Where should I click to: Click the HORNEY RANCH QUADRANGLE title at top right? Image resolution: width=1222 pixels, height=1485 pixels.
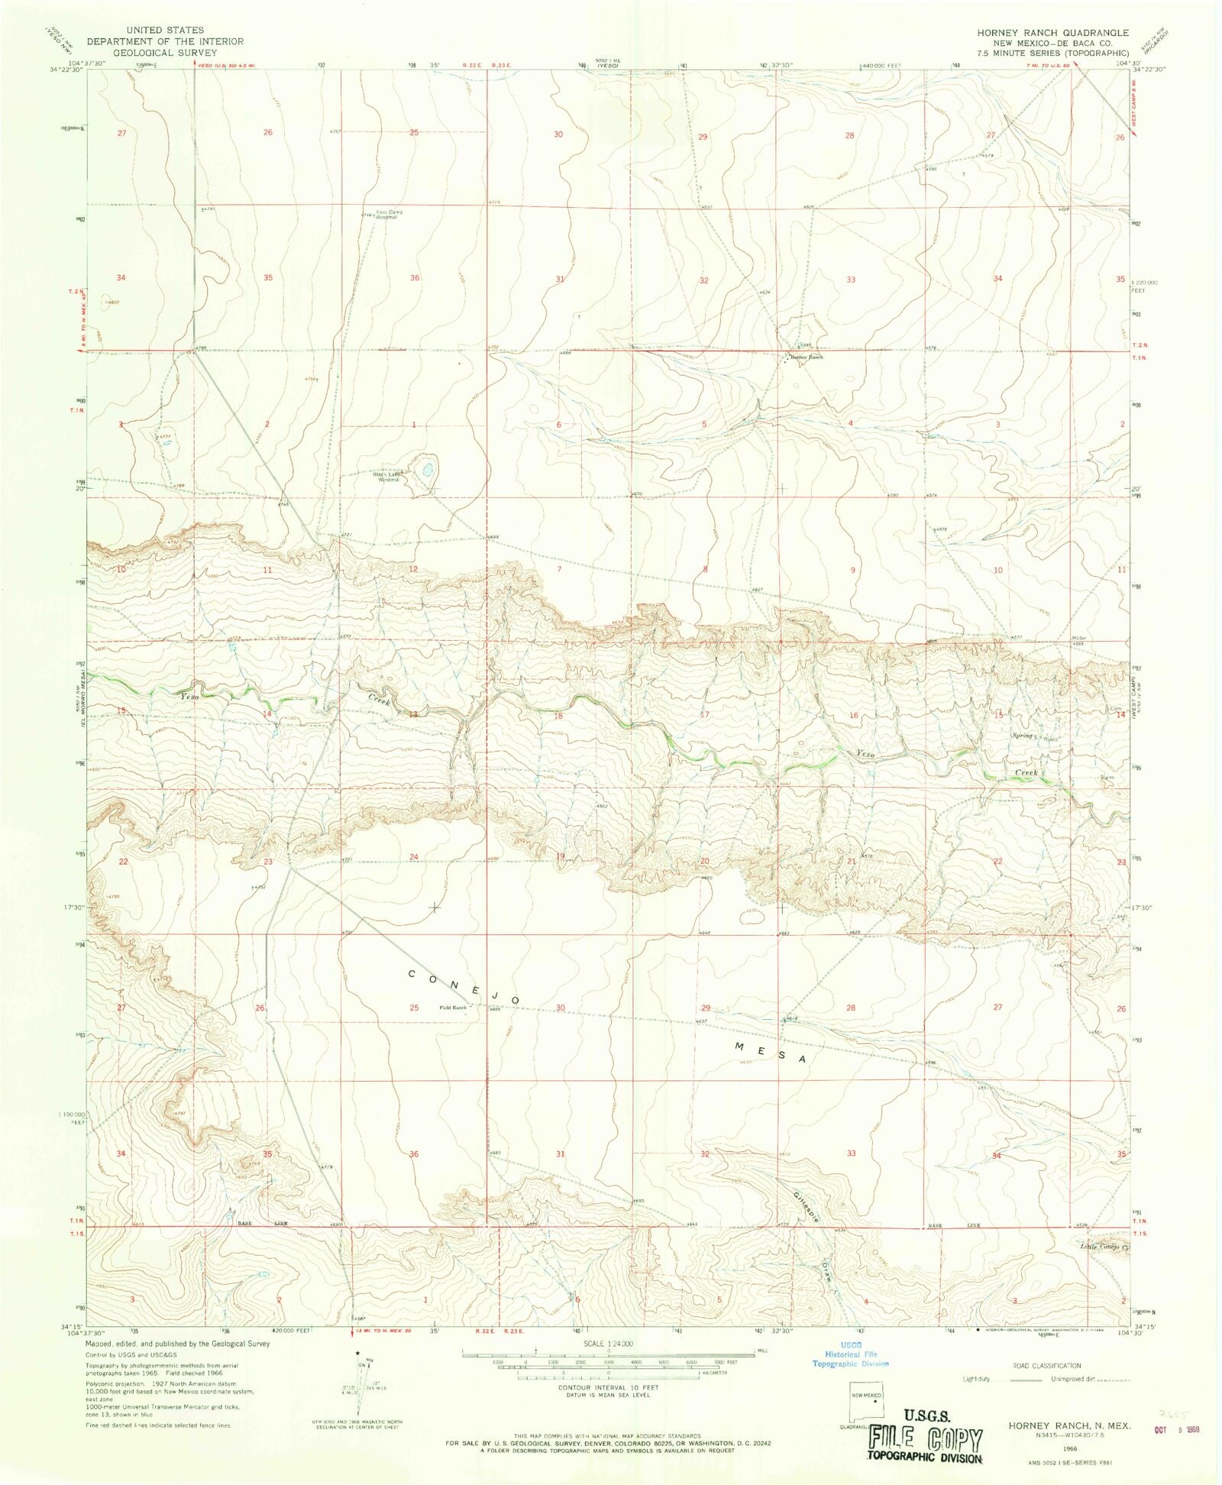[x=1052, y=33]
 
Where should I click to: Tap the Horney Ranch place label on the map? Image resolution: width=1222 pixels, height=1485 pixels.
[x=807, y=357]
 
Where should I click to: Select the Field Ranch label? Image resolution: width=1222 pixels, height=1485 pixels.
[x=452, y=1008]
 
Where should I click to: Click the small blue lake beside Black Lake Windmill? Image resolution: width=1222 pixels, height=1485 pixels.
[x=427, y=466]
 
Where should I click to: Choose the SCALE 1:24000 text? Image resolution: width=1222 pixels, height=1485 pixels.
[x=608, y=1343]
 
